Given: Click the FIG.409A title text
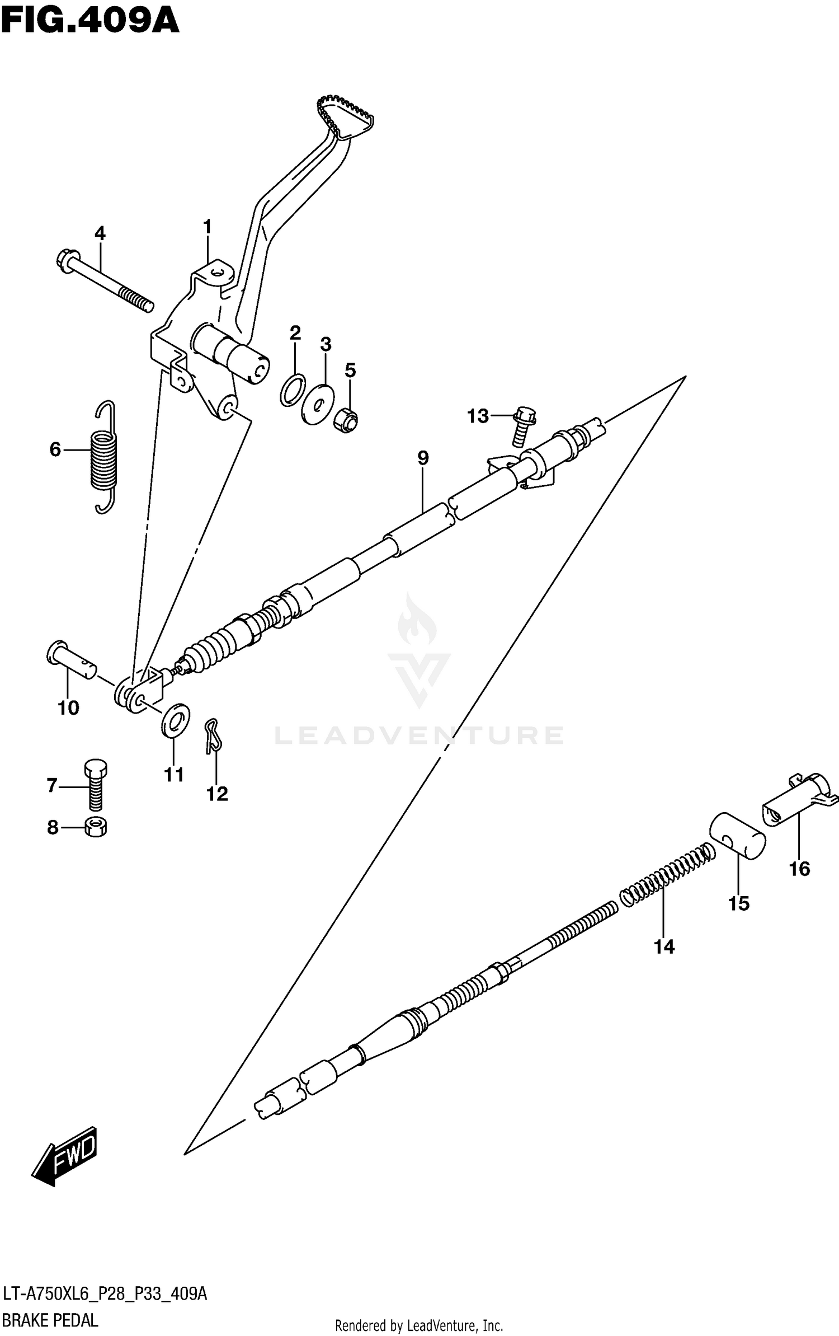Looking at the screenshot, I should click(x=89, y=22).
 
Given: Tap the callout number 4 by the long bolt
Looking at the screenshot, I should click(x=100, y=233).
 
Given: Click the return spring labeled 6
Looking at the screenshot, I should click(x=105, y=457).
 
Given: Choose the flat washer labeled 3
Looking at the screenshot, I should click(x=317, y=404).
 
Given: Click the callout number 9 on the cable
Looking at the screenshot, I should click(x=423, y=458).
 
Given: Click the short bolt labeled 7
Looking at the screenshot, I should click(x=96, y=784).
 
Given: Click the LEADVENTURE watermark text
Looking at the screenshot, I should click(x=419, y=735).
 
